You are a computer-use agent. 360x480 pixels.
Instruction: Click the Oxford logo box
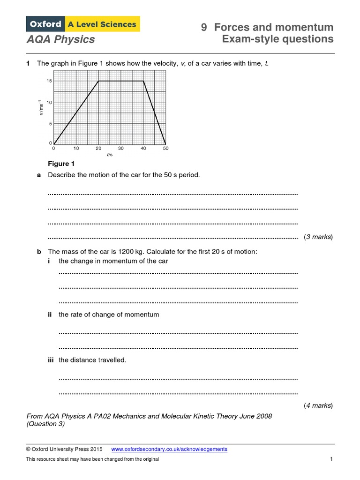[x=46, y=24]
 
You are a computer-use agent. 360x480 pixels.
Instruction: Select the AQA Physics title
[x=60, y=39]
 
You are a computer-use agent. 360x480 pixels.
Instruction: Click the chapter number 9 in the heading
[x=204, y=27]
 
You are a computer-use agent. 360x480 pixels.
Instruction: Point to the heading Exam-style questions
[x=277, y=39]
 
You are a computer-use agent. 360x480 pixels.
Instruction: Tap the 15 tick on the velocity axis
[x=49, y=81]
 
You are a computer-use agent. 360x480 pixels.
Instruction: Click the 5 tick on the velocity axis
[x=50, y=124]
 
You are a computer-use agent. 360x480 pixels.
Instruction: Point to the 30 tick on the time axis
[x=120, y=149]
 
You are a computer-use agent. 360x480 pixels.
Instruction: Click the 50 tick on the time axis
[x=165, y=149]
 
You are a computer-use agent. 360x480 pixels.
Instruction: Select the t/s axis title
[x=110, y=155]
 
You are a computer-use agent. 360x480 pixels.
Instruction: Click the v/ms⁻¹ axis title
[x=41, y=108]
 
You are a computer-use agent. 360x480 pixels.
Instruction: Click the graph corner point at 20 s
[x=98, y=81]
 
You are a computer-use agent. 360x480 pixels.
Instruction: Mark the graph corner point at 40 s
[x=143, y=81]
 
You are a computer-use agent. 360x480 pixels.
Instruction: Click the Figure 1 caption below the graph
[x=61, y=164]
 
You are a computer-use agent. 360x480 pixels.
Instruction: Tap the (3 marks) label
[x=318, y=237]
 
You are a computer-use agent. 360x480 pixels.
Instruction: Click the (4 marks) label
[x=318, y=405]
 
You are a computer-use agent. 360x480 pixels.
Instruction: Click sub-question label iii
[x=52, y=360]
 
